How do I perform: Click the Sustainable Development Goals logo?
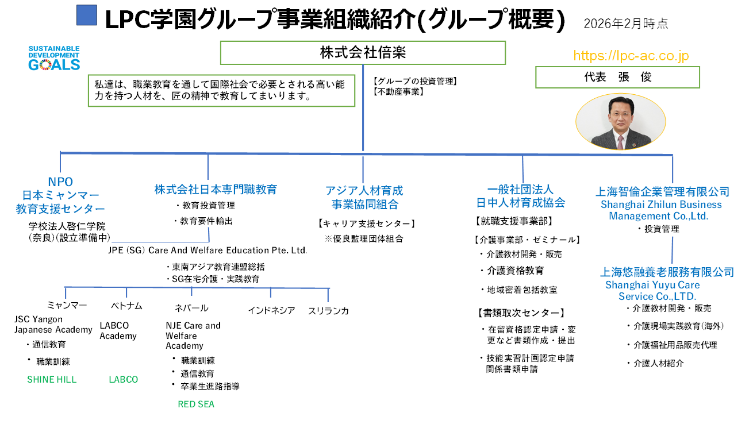click(54, 58)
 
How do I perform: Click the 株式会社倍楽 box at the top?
click(363, 53)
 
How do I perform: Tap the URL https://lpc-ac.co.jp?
click(631, 56)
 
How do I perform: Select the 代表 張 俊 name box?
click(617, 78)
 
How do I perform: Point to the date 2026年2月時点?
click(625, 24)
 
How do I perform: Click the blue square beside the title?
click(86, 16)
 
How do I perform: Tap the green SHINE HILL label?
click(52, 380)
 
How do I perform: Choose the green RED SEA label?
click(196, 404)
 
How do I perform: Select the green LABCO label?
click(124, 380)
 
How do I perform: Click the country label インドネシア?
click(271, 311)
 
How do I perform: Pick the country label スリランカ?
click(328, 311)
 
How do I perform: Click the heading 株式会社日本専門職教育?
click(216, 189)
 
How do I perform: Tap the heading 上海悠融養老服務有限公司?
click(667, 272)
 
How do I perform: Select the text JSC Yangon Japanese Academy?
click(53, 325)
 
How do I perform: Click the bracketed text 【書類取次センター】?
click(521, 313)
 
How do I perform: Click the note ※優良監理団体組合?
click(364, 238)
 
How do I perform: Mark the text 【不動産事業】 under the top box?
click(398, 91)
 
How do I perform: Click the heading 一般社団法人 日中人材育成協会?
click(520, 196)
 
